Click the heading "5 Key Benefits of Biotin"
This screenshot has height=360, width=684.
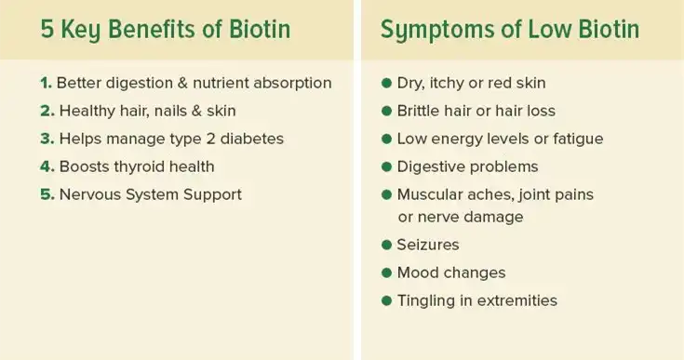click(x=166, y=29)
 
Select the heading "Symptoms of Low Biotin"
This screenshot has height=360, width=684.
click(x=509, y=29)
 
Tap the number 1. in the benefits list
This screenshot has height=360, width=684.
click(x=46, y=83)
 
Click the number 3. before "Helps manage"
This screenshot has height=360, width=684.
click(x=47, y=139)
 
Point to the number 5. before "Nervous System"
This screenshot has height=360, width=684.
click(x=47, y=194)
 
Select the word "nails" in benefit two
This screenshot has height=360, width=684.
click(x=168, y=111)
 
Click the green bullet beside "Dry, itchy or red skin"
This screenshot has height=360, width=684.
click(x=386, y=83)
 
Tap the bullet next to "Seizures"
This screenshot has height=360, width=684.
click(x=386, y=246)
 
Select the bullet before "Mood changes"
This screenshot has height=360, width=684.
click(x=386, y=273)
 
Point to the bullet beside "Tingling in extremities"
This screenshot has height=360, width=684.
click(x=386, y=301)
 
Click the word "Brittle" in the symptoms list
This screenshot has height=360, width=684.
click(x=420, y=111)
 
